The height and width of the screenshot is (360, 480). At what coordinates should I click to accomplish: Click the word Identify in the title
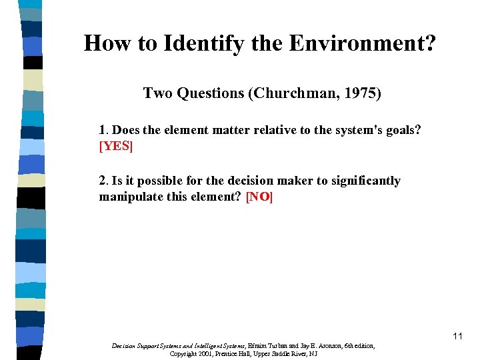(189, 44)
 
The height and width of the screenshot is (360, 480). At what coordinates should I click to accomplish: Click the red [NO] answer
(260, 197)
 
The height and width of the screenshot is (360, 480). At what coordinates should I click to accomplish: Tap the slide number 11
(457, 336)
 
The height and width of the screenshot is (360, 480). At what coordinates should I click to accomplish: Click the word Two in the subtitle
(158, 93)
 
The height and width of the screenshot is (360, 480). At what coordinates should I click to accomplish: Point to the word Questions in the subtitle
(210, 93)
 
